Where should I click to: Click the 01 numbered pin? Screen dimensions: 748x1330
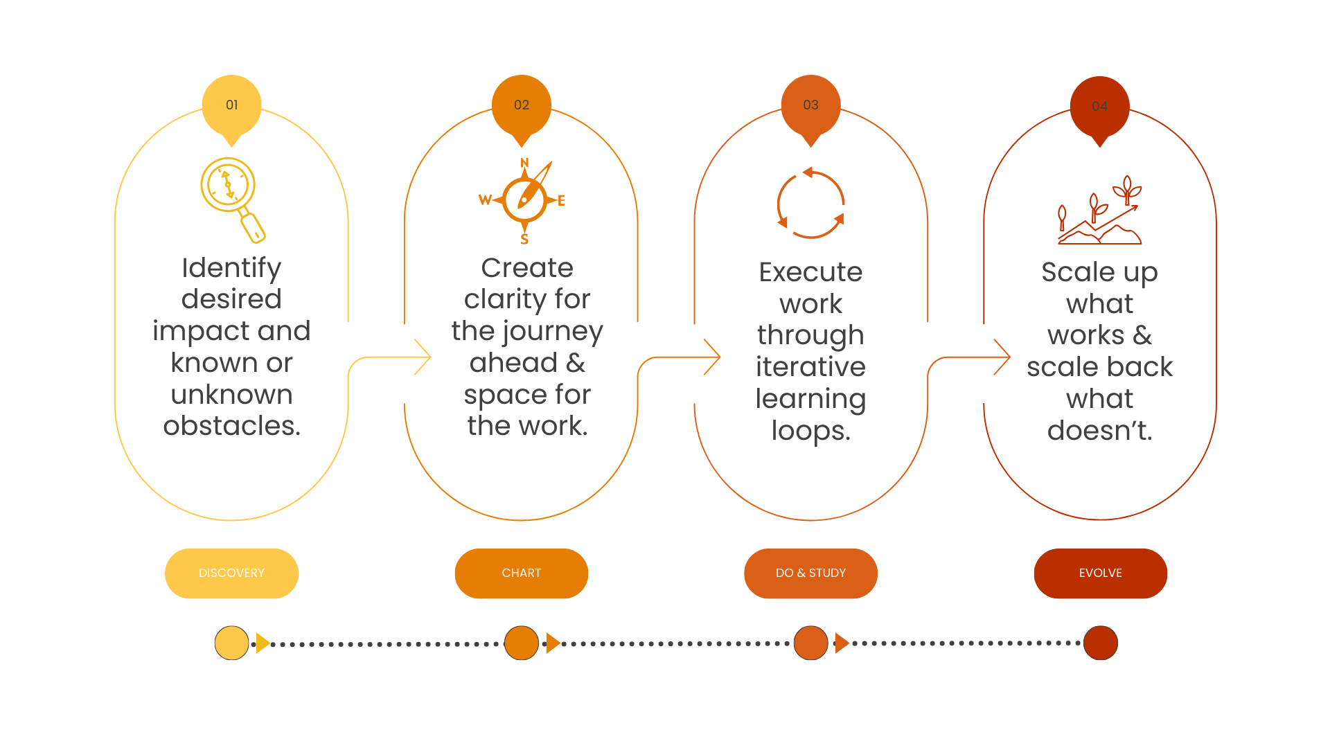pos(231,106)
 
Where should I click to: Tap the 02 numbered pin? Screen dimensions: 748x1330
pos(521,106)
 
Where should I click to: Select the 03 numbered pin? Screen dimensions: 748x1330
pos(810,106)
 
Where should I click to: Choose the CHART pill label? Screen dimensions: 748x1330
pos(521,573)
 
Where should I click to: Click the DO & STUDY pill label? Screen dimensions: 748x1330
pos(810,573)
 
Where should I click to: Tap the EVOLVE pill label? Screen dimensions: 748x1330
pos(1100,573)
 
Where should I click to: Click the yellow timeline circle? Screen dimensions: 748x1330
pos(231,643)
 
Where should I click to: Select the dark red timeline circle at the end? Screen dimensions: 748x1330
pos(1100,643)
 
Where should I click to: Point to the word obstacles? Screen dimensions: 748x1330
pos(231,426)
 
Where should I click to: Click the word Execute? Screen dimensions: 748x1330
pos(810,272)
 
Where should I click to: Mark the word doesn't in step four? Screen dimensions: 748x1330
pos(1099,431)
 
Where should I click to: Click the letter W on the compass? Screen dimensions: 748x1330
pos(485,200)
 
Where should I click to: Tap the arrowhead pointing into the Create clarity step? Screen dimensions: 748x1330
pos(423,357)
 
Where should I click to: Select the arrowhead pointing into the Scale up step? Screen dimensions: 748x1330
pos(1002,357)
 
